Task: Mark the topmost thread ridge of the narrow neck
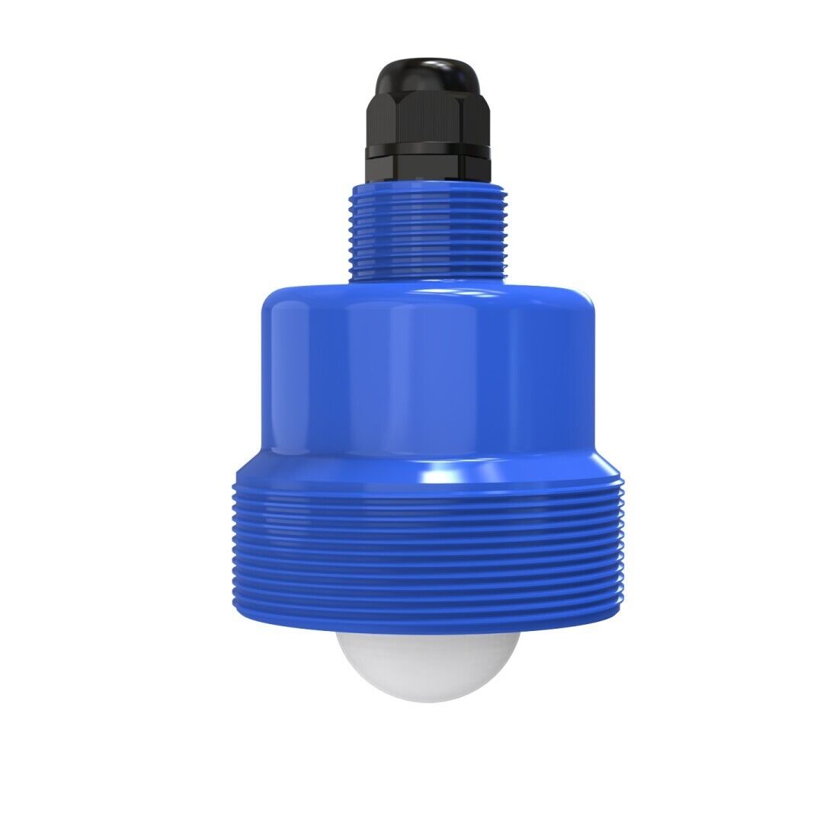point(427,191)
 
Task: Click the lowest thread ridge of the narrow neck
point(427,274)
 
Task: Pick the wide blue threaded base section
point(427,556)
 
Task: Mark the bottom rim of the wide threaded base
point(427,629)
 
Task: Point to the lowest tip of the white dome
point(427,700)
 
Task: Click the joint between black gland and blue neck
point(427,181)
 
